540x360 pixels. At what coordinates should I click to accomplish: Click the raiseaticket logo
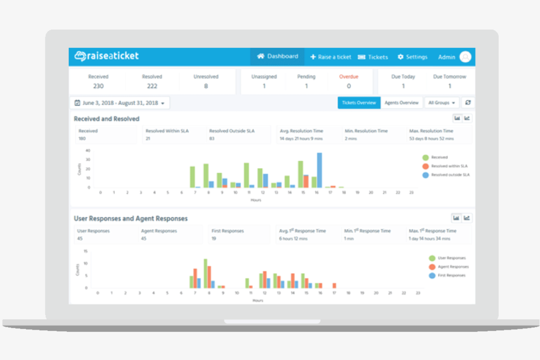[107, 56]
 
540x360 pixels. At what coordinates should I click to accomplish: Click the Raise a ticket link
[331, 57]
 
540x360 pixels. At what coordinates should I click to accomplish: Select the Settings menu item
[412, 57]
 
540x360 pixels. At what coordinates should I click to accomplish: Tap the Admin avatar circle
[465, 57]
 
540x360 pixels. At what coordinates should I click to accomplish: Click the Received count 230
[98, 86]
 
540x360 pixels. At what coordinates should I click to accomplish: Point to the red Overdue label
[348, 77]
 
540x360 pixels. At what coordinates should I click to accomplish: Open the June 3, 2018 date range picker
[120, 103]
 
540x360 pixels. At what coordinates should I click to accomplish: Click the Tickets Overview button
[359, 103]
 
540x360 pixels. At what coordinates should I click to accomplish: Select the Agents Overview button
[401, 103]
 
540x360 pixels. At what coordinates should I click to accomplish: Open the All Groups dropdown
[441, 103]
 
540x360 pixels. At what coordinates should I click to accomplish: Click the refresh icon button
[468, 103]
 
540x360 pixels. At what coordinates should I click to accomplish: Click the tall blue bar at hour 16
[319, 170]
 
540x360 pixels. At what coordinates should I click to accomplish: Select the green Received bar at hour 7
[192, 177]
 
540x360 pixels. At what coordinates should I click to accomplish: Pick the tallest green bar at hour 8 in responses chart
[205, 274]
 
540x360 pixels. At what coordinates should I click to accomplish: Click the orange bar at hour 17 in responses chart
[334, 285]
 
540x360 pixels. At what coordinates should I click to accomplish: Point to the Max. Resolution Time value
[431, 139]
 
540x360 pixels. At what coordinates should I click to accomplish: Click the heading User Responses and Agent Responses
[131, 218]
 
